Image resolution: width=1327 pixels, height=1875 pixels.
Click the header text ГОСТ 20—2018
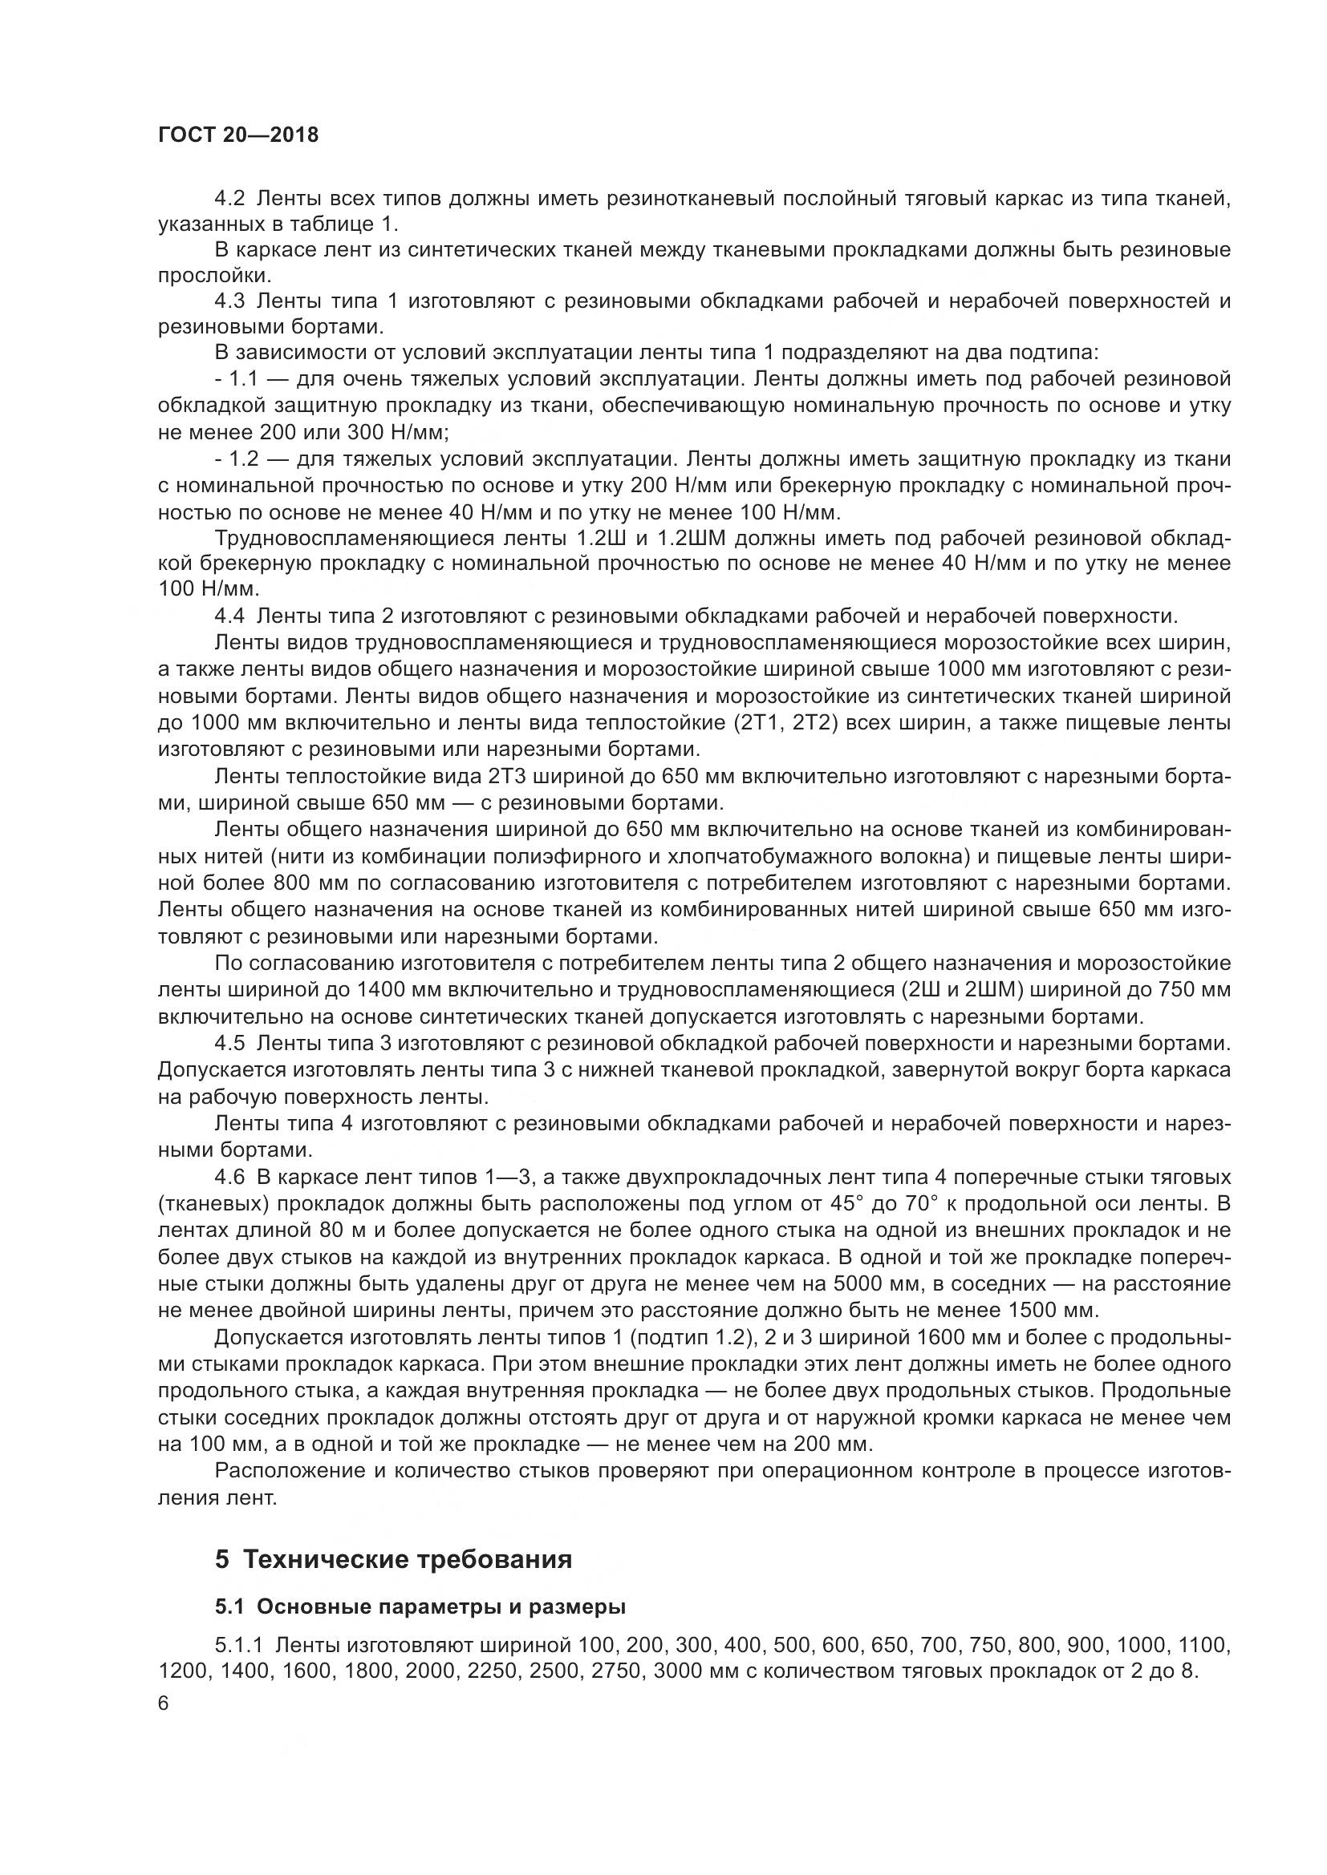[x=237, y=135]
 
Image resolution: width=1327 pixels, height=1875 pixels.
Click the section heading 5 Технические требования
[x=393, y=1559]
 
